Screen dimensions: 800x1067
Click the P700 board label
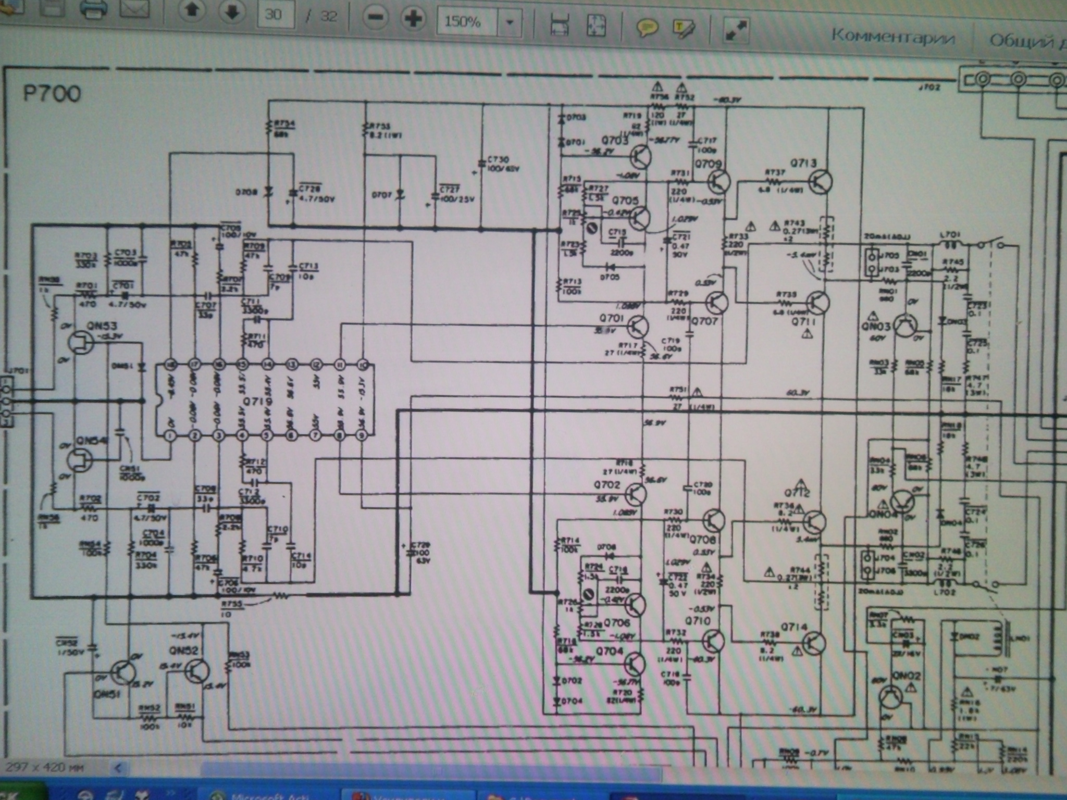[x=52, y=94]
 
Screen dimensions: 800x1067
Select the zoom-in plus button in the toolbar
[x=413, y=19]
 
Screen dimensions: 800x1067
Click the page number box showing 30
[x=274, y=15]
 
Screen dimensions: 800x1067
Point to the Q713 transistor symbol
[x=820, y=182]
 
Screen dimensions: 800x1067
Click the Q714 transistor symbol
[x=813, y=643]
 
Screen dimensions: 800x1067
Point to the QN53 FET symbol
[x=81, y=343]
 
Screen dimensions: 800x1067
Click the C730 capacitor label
[x=498, y=159]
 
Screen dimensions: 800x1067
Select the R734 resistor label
[x=284, y=124]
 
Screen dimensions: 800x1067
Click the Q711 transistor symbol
[x=817, y=303]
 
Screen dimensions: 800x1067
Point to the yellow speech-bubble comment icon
[x=647, y=27]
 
